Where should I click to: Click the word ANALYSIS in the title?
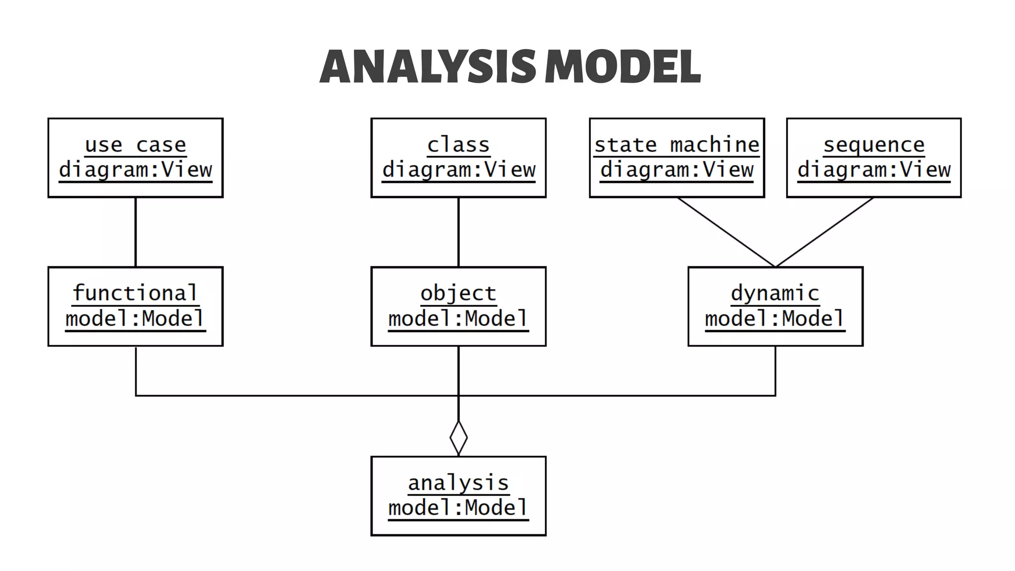(x=427, y=66)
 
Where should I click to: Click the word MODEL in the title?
(x=622, y=66)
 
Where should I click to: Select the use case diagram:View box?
(x=135, y=158)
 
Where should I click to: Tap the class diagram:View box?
(x=458, y=158)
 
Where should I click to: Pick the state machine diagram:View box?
(x=677, y=158)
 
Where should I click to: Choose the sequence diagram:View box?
(x=874, y=158)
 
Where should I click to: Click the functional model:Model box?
(x=135, y=306)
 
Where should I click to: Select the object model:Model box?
(x=458, y=306)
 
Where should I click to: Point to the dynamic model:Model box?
(x=775, y=306)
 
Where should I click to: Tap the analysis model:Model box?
(x=458, y=496)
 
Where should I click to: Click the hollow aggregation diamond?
(x=458, y=438)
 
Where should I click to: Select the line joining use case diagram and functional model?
(x=135, y=232)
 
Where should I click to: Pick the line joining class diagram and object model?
(x=458, y=232)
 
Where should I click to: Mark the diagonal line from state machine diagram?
(x=726, y=232)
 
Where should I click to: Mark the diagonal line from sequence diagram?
(x=824, y=232)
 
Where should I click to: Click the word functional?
(x=135, y=293)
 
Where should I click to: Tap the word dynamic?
(x=775, y=293)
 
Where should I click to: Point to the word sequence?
(x=874, y=145)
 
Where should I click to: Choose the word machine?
(x=714, y=145)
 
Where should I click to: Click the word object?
(x=458, y=293)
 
